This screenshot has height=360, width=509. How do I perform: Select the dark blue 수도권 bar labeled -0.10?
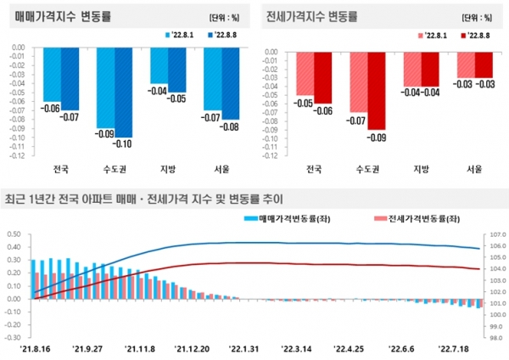click(x=124, y=93)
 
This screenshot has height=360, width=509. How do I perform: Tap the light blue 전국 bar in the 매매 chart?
click(x=52, y=76)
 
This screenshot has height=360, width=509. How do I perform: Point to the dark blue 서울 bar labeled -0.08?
click(x=229, y=85)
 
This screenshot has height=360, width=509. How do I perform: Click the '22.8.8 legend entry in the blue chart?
click(x=224, y=35)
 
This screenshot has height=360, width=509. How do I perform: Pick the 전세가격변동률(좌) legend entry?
click(x=420, y=218)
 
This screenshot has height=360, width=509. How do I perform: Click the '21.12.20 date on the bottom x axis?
click(x=192, y=348)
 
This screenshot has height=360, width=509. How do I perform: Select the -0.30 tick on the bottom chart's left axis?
click(x=14, y=337)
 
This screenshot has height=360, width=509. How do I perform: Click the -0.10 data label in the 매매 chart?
click(x=125, y=143)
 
